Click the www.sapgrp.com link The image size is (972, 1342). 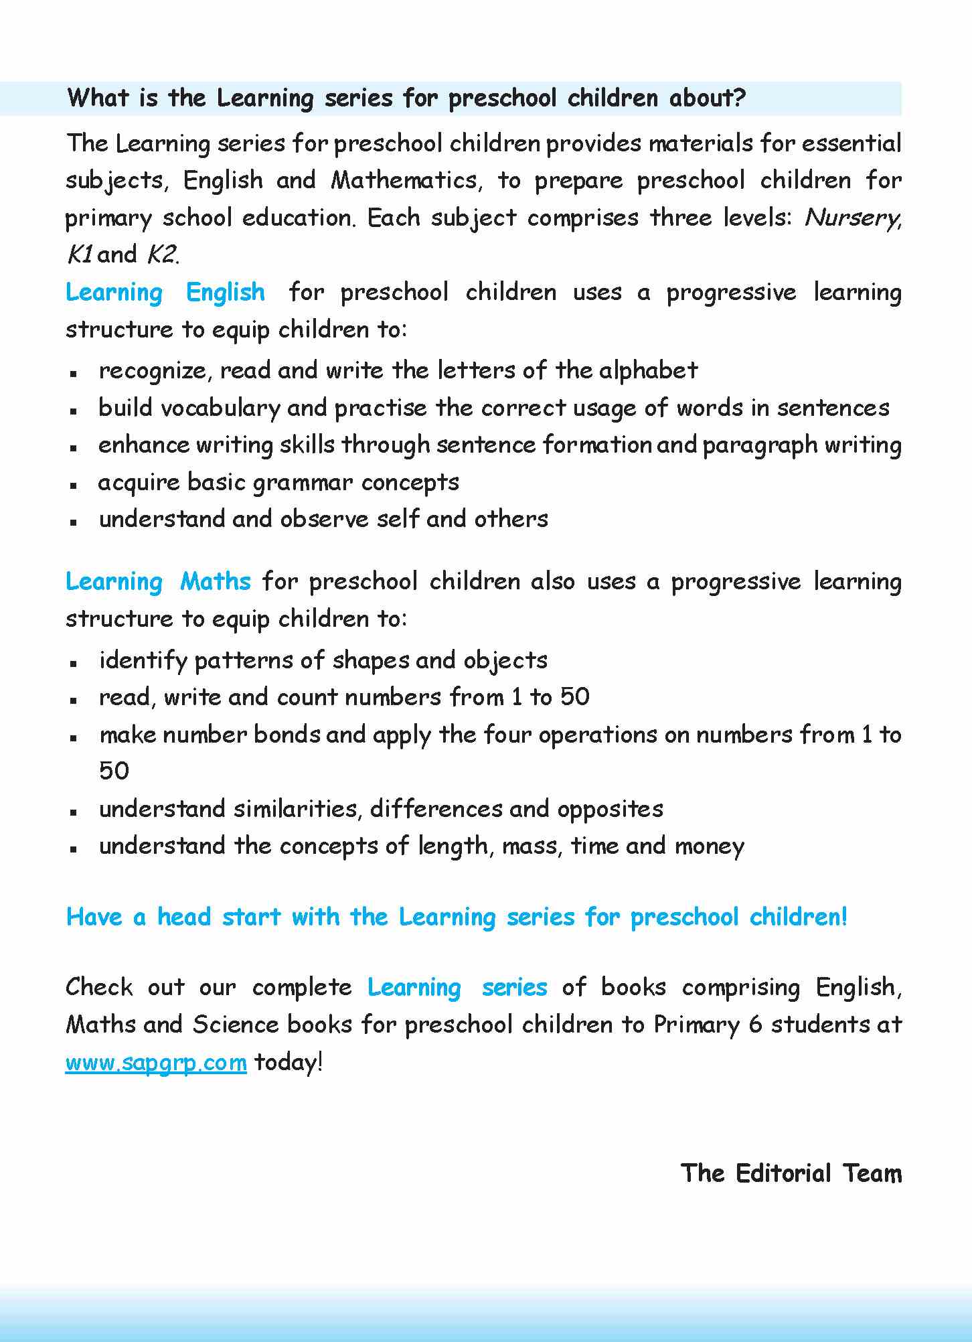(x=156, y=1062)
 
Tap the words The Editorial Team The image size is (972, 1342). (x=791, y=1173)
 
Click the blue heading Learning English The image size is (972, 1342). (x=165, y=293)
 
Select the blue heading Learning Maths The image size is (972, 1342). (x=158, y=581)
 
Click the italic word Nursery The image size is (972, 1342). (x=852, y=218)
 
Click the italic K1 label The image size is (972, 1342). (x=80, y=254)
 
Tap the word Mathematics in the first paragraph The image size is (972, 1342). (x=404, y=180)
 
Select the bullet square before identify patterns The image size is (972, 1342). (x=75, y=662)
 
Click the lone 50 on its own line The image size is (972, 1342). (x=114, y=771)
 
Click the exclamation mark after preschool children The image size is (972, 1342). (x=843, y=916)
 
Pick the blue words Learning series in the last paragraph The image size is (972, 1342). (x=457, y=987)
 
